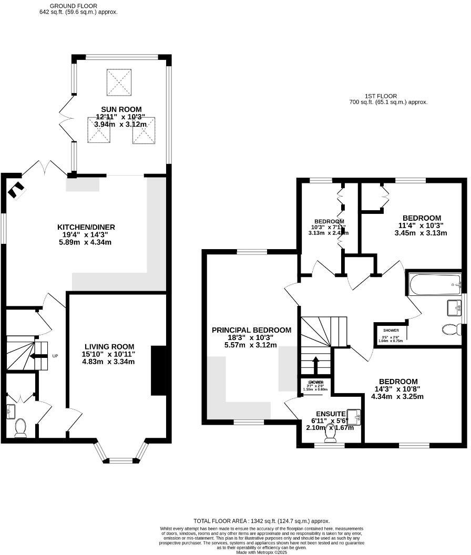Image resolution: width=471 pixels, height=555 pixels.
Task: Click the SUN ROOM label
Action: tap(119, 109)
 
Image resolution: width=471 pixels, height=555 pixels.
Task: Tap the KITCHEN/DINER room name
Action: tap(86, 227)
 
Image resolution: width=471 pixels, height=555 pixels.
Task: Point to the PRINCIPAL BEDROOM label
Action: tap(251, 330)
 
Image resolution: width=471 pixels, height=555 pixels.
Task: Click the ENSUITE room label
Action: tap(331, 414)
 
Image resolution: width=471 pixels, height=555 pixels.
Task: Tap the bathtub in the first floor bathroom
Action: tap(434, 284)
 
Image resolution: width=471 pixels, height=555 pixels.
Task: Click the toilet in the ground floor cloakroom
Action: tap(21, 428)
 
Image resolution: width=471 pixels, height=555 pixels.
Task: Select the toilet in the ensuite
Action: tap(331, 435)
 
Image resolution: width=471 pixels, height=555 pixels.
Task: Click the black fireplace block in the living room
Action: tap(158, 370)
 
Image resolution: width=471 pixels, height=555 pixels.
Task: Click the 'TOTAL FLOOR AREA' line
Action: tap(262, 520)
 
